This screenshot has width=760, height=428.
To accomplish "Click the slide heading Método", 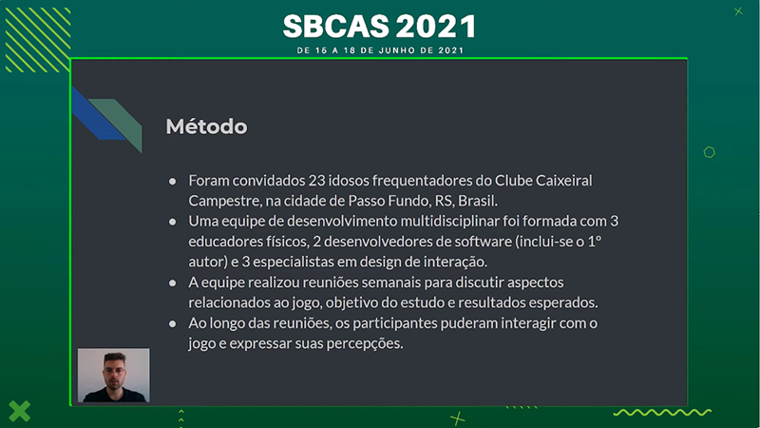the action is coord(206,126).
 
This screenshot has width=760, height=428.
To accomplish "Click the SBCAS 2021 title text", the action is coord(380,27).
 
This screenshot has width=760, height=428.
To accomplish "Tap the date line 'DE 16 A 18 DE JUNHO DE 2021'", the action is coord(381,50).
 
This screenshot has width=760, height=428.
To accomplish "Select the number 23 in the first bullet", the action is coord(316,181).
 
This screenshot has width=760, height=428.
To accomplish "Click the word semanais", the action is coord(390,282).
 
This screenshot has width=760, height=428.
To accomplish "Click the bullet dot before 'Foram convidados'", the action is coord(173,182).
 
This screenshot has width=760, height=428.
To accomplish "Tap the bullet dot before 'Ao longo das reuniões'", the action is coord(173,323).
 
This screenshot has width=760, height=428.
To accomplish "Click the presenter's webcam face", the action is coord(114,370).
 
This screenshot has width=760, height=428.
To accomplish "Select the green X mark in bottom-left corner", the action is coord(19,411).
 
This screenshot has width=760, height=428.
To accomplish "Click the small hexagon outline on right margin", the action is coord(709,152).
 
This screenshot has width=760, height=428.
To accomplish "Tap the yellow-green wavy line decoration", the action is coord(662,413).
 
